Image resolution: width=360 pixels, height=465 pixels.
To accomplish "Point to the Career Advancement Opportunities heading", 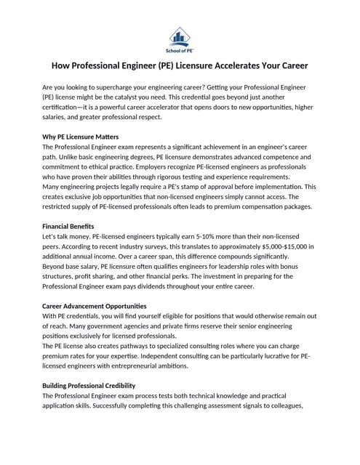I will point(95,306).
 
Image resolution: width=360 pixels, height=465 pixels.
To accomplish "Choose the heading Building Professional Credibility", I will point(89,385).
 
